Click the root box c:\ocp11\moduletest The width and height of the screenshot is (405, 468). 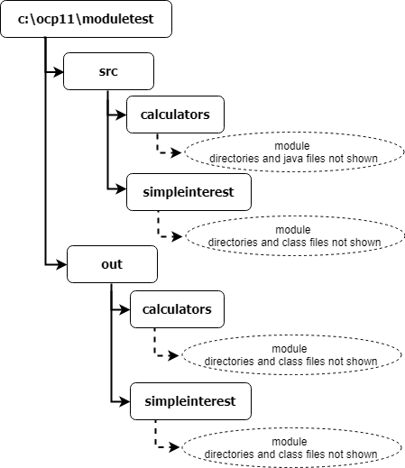pyautogui.click(x=87, y=19)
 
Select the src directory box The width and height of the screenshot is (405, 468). pyautogui.click(x=108, y=71)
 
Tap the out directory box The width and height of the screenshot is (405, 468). pyautogui.click(x=112, y=264)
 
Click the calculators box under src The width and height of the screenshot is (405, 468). pyautogui.click(x=175, y=115)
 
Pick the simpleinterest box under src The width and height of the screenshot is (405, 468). pyautogui.click(x=189, y=192)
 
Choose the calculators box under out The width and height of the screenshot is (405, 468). pyautogui.click(x=177, y=309)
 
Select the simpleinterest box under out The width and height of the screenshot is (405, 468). pyautogui.click(x=190, y=401)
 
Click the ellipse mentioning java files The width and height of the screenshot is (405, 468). pyautogui.click(x=294, y=152)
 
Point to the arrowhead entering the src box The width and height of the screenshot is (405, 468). pyautogui.click(x=59, y=72)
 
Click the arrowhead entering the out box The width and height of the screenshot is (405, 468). pyautogui.click(x=62, y=265)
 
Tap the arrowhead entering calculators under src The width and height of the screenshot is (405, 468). pyautogui.click(x=122, y=115)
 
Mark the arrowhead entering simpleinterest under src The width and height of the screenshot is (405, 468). pyautogui.click(x=122, y=188)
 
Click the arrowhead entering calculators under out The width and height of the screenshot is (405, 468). pyautogui.click(x=125, y=309)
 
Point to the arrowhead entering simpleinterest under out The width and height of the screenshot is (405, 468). pyautogui.click(x=125, y=401)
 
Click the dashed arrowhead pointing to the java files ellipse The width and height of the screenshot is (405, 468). pyautogui.click(x=176, y=152)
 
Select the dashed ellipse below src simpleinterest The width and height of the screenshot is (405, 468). pyautogui.click(x=295, y=236)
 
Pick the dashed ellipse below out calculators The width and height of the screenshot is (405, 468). pyautogui.click(x=291, y=354)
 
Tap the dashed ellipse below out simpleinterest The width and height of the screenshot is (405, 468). pyautogui.click(x=291, y=447)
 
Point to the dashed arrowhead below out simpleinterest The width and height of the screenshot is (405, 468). pyautogui.click(x=174, y=447)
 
